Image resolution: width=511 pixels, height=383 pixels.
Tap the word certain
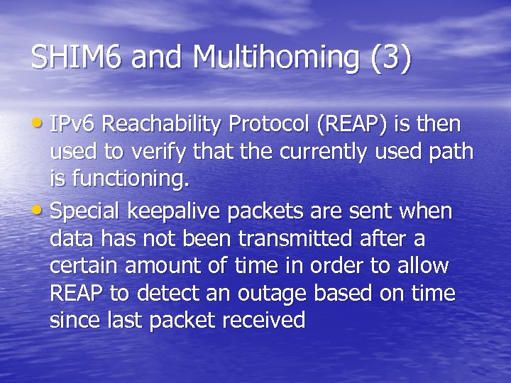[x=84, y=267]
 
